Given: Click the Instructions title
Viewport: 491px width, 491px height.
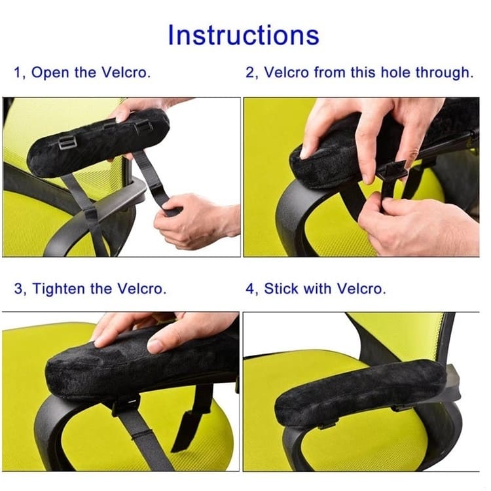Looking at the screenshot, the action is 244,35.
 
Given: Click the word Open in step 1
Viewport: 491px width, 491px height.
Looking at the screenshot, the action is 50,73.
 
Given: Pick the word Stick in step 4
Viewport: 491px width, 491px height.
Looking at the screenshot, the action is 281,289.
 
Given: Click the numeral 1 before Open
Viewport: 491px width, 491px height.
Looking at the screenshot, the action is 17,73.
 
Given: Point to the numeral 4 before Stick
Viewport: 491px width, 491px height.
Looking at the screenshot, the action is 250,289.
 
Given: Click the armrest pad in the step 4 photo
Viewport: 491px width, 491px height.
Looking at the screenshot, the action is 360,393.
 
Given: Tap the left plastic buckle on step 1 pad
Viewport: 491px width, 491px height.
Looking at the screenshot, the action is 67,143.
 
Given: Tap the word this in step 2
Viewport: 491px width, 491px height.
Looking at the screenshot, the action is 363,72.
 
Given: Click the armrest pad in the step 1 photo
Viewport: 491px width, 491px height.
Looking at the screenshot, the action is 98,143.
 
